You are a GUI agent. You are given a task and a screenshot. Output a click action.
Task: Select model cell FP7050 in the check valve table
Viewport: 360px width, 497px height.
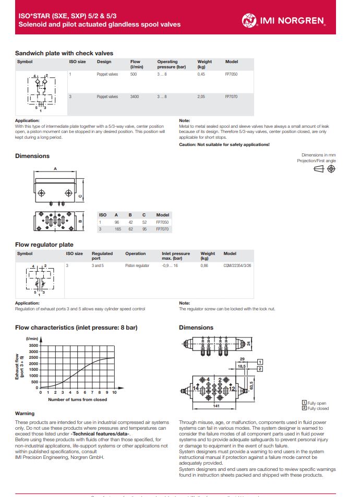(x=231, y=75)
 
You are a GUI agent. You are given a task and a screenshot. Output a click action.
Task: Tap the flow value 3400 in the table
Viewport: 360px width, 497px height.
(x=135, y=97)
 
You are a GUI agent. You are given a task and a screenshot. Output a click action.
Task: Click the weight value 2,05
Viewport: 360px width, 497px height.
(x=201, y=97)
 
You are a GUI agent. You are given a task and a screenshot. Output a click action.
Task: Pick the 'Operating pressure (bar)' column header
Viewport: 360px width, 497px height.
(x=171, y=64)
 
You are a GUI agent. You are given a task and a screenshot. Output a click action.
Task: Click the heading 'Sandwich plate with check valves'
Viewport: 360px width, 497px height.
(x=64, y=53)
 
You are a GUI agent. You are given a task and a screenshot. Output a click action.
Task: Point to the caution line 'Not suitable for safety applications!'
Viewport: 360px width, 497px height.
(x=224, y=144)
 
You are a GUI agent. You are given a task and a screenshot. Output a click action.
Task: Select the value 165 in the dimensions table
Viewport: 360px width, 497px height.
(x=117, y=229)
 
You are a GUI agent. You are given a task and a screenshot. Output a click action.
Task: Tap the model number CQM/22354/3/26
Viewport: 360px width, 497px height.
(x=237, y=265)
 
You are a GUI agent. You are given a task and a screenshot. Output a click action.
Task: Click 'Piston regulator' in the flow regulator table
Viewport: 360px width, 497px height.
(x=137, y=265)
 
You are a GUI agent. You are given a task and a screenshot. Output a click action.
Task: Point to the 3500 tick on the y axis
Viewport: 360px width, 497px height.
(x=32, y=345)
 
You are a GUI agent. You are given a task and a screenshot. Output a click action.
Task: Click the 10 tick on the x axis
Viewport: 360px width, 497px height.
(x=114, y=393)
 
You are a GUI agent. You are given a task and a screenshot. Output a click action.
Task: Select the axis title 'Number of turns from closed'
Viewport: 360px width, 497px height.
(x=78, y=400)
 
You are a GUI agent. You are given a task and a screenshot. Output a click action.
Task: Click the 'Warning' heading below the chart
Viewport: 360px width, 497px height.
(x=25, y=414)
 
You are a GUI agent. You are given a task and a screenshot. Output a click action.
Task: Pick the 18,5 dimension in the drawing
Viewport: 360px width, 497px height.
(x=241, y=367)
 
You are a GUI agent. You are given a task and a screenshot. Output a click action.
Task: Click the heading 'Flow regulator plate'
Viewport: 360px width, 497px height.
(x=44, y=245)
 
